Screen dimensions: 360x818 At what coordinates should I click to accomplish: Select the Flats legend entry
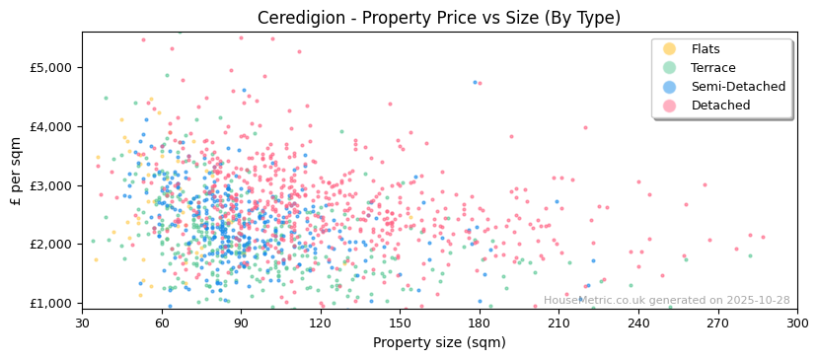(x=705, y=49)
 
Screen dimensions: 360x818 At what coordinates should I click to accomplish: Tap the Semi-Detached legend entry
(x=738, y=87)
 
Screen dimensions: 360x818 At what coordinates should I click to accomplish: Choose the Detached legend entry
(x=719, y=106)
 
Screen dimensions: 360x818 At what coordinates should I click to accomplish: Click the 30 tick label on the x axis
(x=82, y=323)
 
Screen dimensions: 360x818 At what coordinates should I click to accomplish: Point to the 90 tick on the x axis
(x=241, y=323)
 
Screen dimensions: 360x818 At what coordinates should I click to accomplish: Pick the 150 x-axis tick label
(x=400, y=323)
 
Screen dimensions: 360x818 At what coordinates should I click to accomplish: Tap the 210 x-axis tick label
(x=558, y=323)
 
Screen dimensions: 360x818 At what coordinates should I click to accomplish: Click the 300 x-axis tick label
(x=796, y=323)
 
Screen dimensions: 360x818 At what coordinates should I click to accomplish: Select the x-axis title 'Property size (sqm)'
(x=439, y=342)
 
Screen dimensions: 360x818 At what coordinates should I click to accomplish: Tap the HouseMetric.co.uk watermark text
(x=666, y=301)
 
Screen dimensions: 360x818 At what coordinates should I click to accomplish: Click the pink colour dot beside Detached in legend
(x=669, y=106)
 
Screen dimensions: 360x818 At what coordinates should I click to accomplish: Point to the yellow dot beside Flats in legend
(x=669, y=49)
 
